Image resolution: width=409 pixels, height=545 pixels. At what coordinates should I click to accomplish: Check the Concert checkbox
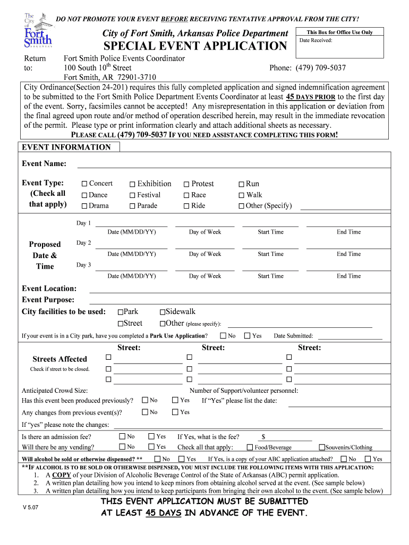(x=84, y=184)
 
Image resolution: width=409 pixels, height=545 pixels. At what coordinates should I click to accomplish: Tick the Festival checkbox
(x=133, y=195)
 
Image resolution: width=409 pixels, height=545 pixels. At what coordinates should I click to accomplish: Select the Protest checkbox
(x=186, y=184)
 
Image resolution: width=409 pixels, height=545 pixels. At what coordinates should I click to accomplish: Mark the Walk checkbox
(x=241, y=195)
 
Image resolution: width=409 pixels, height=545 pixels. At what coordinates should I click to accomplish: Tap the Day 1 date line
(x=131, y=224)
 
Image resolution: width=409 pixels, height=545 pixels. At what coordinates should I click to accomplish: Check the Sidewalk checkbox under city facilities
(x=163, y=312)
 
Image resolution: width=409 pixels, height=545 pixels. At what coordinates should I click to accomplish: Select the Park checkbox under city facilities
(x=121, y=312)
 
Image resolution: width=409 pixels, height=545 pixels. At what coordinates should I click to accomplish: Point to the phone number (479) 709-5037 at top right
(x=308, y=68)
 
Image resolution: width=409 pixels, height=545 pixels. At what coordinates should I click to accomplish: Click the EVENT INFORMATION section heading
(x=66, y=147)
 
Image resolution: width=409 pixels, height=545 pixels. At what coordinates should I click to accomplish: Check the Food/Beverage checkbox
(x=250, y=448)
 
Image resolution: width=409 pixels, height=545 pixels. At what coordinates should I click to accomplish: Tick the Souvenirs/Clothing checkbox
(x=321, y=448)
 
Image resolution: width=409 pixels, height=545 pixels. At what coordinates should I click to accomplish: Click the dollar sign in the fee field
(x=263, y=437)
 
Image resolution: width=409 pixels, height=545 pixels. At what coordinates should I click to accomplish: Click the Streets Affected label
(x=59, y=359)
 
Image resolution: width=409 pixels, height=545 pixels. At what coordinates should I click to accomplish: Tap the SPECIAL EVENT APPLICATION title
(x=195, y=46)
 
